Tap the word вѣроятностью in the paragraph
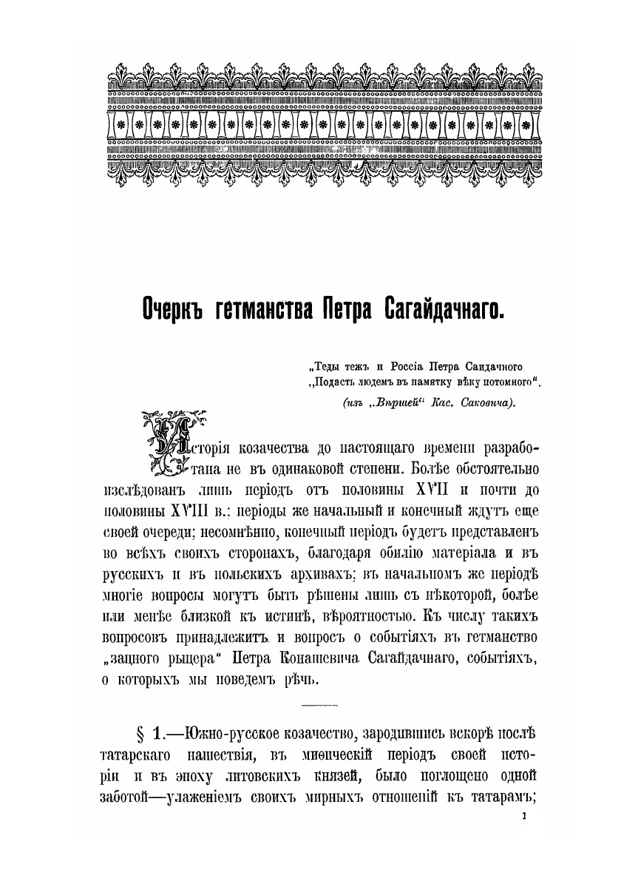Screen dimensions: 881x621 383,615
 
